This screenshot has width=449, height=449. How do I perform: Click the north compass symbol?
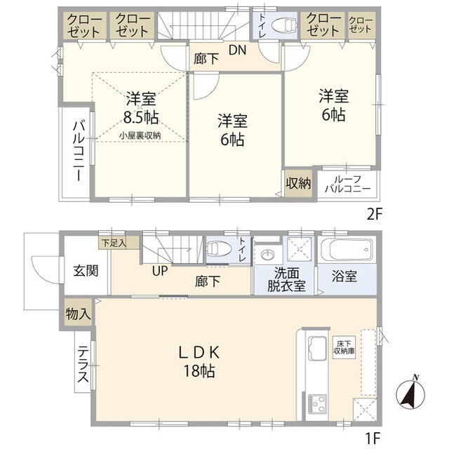click(410, 394)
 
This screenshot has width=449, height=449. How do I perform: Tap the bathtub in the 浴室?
click(347, 250)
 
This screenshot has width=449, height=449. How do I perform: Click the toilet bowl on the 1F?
click(219, 248)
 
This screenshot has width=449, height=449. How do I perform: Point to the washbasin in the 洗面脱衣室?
click(268, 254)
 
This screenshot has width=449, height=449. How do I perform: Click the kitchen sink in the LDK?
click(317, 349)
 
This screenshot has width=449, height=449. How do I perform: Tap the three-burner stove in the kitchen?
click(317, 404)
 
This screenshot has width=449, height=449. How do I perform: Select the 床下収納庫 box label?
click(344, 347)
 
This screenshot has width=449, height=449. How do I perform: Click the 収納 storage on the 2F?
click(298, 183)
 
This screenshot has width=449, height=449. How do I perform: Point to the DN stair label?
click(237, 50)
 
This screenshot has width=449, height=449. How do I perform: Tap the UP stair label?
click(160, 271)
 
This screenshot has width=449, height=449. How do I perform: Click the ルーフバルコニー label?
click(348, 184)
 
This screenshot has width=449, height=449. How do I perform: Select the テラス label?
click(83, 364)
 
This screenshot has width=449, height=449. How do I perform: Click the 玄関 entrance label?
click(86, 271)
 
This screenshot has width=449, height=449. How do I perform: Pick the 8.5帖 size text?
click(141, 116)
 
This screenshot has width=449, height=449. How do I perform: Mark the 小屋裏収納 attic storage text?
click(140, 135)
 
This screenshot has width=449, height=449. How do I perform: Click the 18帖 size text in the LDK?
click(199, 371)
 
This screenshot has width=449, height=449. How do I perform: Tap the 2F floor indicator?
click(375, 215)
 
